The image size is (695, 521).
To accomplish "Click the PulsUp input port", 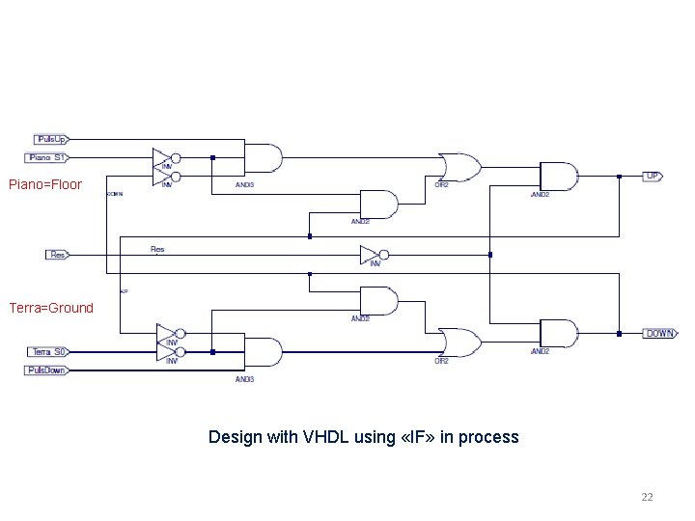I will tap(51, 139).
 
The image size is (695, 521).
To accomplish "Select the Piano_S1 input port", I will tap(48, 157).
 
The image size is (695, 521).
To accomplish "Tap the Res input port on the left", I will tap(57, 255).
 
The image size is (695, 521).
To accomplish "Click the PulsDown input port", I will tap(47, 370).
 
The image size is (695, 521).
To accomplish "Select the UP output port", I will tap(653, 177).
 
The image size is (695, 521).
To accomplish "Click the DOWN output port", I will tap(659, 333).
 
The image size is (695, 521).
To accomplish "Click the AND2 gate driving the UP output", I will tap(557, 177).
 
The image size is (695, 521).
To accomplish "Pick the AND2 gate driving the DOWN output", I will tap(557, 333).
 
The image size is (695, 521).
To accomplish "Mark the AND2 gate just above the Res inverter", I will tap(377, 205).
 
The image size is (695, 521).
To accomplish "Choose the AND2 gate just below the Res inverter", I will tap(377, 301).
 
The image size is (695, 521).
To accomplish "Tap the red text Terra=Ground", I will tap(51, 308).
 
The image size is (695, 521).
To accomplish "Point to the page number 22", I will tap(647, 497).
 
